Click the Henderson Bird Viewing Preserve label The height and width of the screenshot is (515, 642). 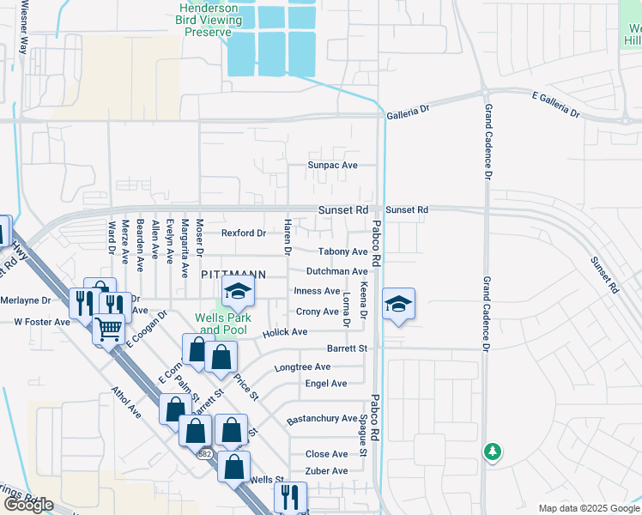point(209,19)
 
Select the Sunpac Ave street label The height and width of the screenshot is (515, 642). point(331,165)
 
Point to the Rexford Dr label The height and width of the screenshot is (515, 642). point(244,233)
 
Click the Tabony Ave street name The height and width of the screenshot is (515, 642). point(342,251)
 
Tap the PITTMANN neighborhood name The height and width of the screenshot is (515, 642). point(233,274)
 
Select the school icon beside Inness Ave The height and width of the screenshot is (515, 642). point(238,292)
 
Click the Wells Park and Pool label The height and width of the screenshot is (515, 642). point(221,324)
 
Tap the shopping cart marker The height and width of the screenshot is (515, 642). point(108,328)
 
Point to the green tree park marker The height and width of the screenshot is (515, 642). point(492,451)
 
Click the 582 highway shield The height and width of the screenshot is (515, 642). point(203,453)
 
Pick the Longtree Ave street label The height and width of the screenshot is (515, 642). point(302,367)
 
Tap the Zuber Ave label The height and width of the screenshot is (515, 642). point(326,471)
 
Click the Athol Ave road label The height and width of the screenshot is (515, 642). point(126,401)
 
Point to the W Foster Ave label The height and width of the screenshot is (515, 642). point(41,323)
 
